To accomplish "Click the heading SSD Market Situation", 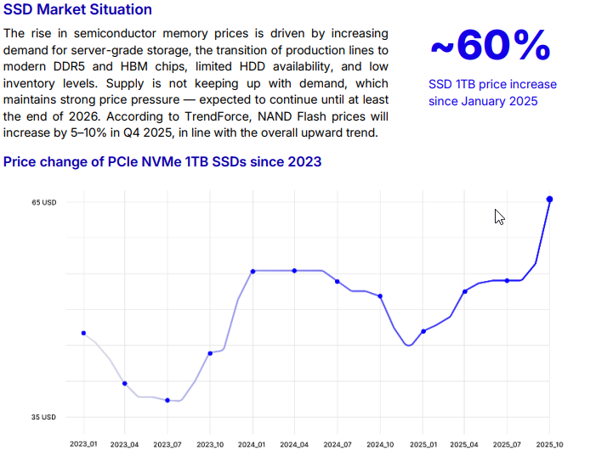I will pyautogui.click(x=77, y=10).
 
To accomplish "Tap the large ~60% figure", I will pyautogui.click(x=490, y=47).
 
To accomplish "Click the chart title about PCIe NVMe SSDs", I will pyautogui.click(x=162, y=161).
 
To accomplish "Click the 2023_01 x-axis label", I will pyautogui.click(x=83, y=444).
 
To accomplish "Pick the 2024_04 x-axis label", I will pyautogui.click(x=294, y=444).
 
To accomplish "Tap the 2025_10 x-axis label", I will pyautogui.click(x=550, y=444).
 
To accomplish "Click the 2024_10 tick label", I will pyautogui.click(x=380, y=444).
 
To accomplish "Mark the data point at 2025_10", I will pyautogui.click(x=550, y=200).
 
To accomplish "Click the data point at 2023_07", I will pyautogui.click(x=167, y=400).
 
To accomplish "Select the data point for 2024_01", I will pyautogui.click(x=253, y=271).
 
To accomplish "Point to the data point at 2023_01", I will pyautogui.click(x=83, y=333).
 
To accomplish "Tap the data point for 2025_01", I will pyautogui.click(x=423, y=331).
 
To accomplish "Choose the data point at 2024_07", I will pyautogui.click(x=338, y=281).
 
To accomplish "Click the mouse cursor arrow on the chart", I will pyautogui.click(x=499, y=217).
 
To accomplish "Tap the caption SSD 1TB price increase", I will pyautogui.click(x=493, y=85).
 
